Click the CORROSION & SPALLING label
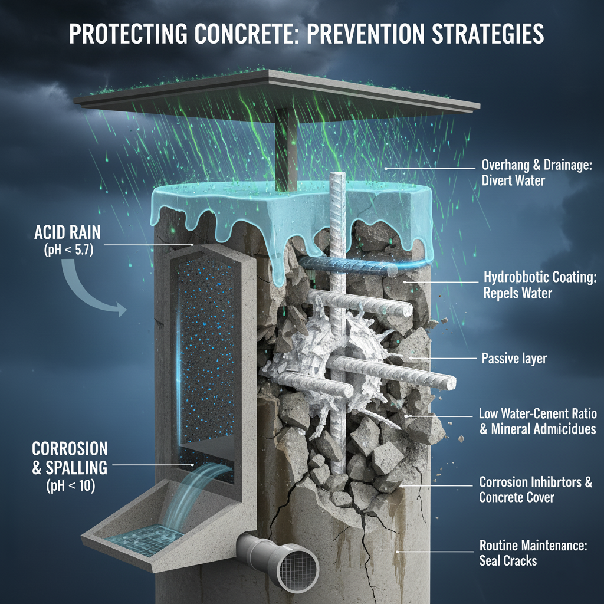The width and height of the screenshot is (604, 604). point(70,457)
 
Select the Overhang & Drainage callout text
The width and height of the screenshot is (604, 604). point(536,172)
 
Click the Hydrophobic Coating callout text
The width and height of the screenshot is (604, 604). point(539,284)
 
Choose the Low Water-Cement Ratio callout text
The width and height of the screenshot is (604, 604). point(537,420)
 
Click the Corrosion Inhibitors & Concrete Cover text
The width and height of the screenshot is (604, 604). point(536,490)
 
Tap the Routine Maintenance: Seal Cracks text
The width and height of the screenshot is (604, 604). point(533,553)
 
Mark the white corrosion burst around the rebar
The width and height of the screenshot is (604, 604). point(319,348)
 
